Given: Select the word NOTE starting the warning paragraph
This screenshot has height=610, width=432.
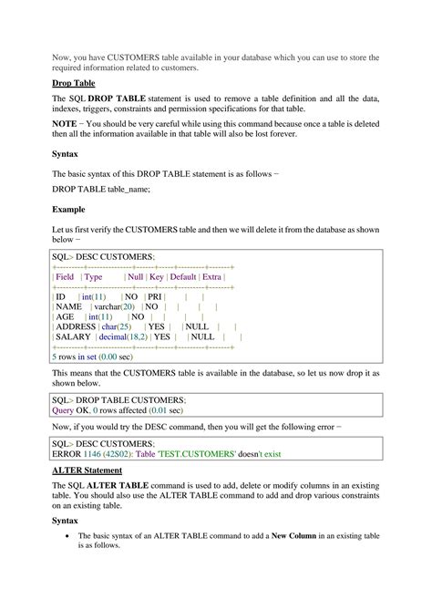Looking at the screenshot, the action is pos(64,122).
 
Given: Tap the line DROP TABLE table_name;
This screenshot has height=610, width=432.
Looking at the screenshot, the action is pos(101,189).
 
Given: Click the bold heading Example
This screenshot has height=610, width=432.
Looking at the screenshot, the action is pos(68,209).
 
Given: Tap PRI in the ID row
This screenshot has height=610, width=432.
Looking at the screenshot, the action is pos(156,297).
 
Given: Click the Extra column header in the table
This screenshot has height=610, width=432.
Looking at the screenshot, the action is pos(212,276).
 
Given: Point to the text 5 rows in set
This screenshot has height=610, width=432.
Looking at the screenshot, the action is pos(81,357).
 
